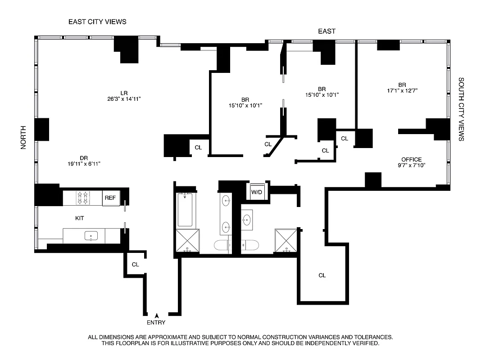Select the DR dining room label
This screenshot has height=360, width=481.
click(83, 157)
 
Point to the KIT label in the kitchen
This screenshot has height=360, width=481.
click(80, 218)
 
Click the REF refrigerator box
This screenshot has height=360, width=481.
click(110, 198)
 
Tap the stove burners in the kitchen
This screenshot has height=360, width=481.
click(83, 198)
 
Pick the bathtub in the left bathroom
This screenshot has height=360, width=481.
click(186, 210)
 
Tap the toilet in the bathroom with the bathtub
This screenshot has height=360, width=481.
click(221, 246)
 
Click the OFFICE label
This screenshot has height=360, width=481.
click(412, 159)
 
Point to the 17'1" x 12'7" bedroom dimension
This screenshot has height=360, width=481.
click(402, 90)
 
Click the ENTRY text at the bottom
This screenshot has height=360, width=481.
click(156, 322)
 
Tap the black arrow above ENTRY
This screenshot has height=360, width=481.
click(157, 315)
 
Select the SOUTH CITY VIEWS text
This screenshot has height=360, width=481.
click(461, 109)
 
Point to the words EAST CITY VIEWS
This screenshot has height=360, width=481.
click(97, 22)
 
